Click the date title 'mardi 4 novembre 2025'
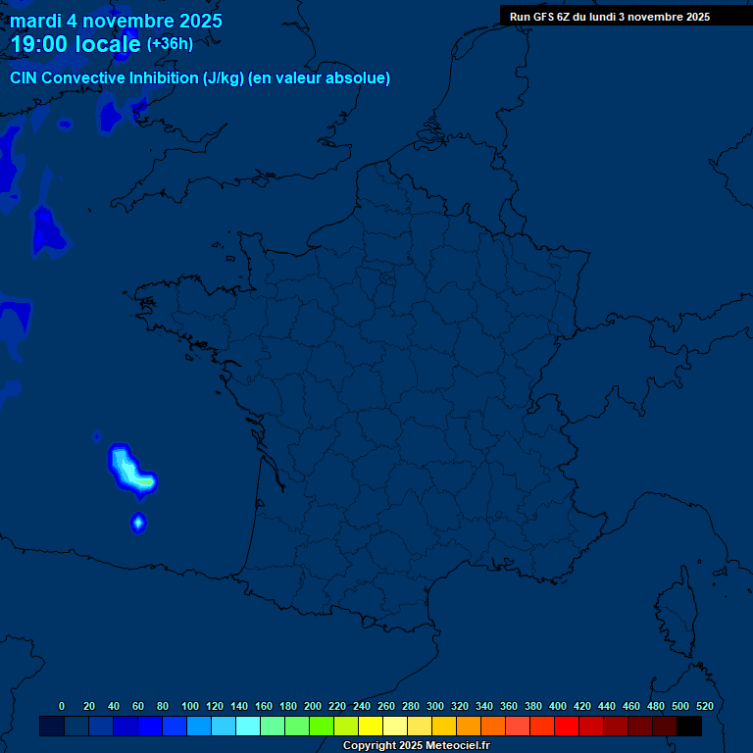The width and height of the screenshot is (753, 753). click(116, 21)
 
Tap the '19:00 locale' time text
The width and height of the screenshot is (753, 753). click(75, 44)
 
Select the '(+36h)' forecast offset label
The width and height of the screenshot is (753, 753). click(170, 44)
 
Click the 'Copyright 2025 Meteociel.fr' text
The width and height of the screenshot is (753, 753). click(416, 746)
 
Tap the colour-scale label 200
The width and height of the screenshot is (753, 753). click(313, 706)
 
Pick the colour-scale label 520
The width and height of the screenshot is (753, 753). click(704, 706)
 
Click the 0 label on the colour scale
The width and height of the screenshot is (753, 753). click(62, 706)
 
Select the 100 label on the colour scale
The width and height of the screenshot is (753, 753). click(190, 706)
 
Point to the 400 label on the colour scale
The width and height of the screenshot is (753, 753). click(558, 706)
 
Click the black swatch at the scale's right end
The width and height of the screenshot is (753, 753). click(689, 726)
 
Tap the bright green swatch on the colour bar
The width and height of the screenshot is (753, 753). click(322, 726)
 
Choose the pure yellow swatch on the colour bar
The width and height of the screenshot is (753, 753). click(371, 726)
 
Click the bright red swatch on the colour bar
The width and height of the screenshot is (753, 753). click(567, 726)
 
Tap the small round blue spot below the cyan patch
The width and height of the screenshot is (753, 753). click(138, 523)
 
